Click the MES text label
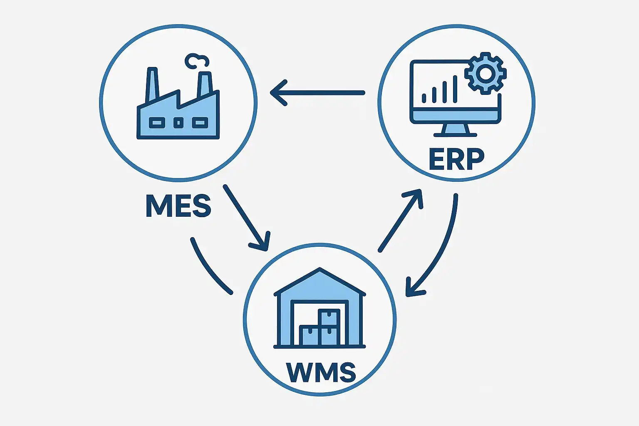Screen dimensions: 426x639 coord(178,206)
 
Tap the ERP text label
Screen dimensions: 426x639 coord(456,159)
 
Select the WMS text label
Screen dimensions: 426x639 coord(321,372)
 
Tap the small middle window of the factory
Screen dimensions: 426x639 coord(178,123)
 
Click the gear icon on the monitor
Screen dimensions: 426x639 coord(485,74)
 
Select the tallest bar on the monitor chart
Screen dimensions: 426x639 coord(455,89)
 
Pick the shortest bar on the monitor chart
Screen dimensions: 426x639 coord(424,98)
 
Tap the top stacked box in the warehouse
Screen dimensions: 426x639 coord(329,318)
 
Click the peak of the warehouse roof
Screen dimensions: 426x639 coord(319,270)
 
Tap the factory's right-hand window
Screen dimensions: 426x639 coord(200,123)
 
